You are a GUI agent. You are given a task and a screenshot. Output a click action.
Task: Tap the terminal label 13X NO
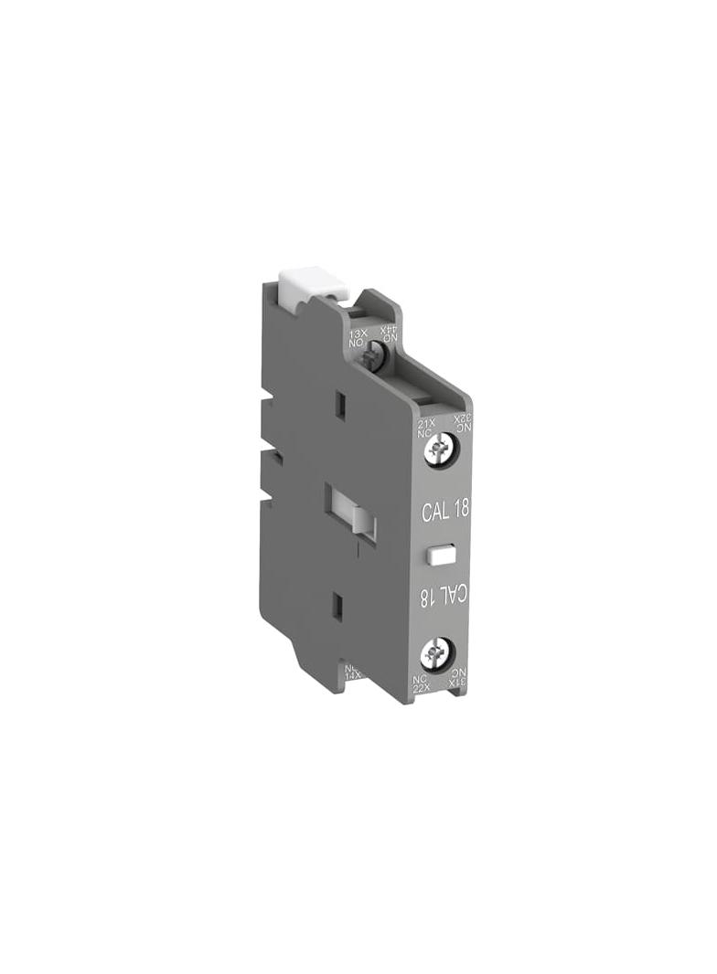click(357, 341)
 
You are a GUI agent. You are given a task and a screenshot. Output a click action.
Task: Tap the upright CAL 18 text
click(445, 510)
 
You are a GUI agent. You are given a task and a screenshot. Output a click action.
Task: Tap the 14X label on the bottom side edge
click(351, 673)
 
